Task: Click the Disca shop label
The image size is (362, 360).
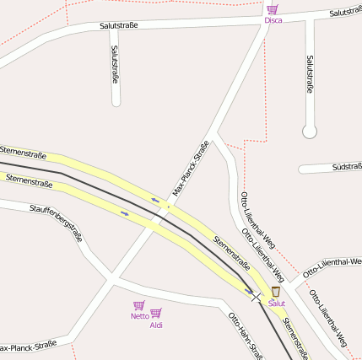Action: [x=273, y=20]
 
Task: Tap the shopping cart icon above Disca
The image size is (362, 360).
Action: [x=273, y=9]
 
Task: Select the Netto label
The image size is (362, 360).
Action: [x=139, y=316]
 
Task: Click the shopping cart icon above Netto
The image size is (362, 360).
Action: [x=139, y=305]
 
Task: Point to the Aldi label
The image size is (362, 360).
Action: [x=156, y=325]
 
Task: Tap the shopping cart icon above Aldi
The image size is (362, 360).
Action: [x=156, y=313]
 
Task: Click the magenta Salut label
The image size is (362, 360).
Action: [x=277, y=303]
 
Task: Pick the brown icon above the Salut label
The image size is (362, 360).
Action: [x=276, y=291]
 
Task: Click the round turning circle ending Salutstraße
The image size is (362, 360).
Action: [x=310, y=132]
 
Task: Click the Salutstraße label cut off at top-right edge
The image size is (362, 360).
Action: [x=345, y=13]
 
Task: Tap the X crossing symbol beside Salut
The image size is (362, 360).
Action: [x=256, y=296]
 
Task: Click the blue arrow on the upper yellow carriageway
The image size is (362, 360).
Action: [x=154, y=200]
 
